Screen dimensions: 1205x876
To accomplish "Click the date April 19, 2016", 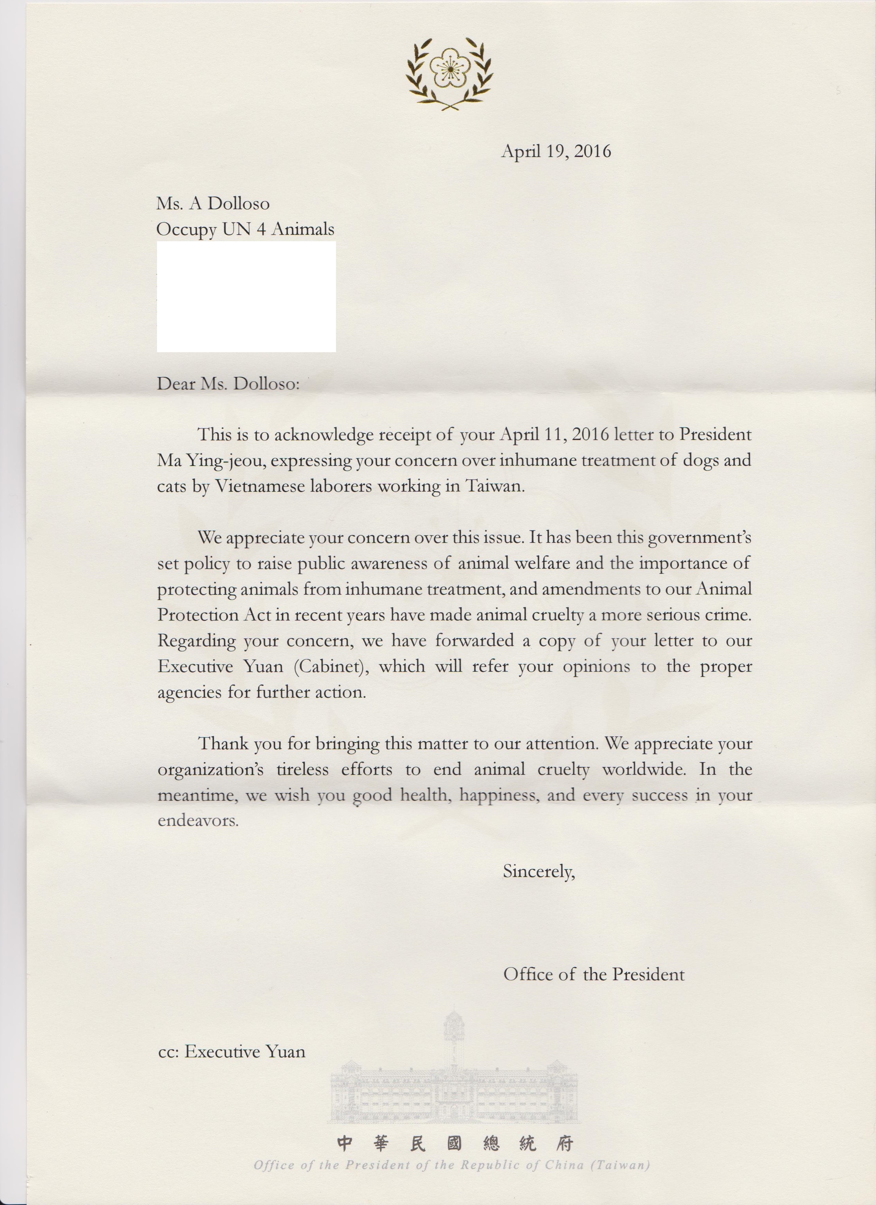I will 556,152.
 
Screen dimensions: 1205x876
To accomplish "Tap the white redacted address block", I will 246,297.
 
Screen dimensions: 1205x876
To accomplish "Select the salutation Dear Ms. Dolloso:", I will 228,383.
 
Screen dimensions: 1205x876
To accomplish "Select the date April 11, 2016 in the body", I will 554,435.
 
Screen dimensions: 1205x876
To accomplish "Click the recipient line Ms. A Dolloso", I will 213,203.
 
